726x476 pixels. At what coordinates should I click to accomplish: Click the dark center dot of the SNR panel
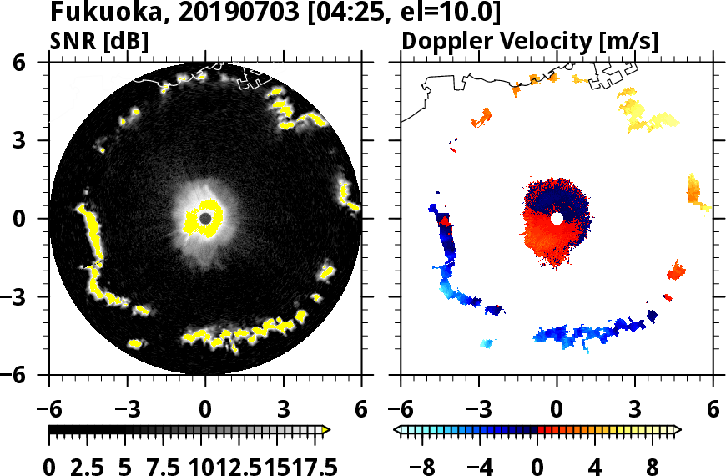point(205,218)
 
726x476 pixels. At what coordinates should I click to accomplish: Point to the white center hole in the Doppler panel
point(557,218)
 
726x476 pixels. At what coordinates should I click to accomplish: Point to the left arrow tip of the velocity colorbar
point(397,429)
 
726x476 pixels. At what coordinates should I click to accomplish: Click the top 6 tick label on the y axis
point(23,63)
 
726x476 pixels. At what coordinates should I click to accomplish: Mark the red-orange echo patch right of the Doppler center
point(676,271)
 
